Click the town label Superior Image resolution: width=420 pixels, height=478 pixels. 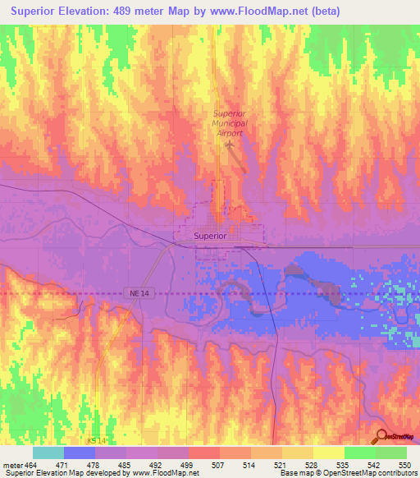point(210,236)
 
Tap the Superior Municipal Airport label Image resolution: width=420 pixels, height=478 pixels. point(229,123)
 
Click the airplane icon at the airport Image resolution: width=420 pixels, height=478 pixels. point(229,145)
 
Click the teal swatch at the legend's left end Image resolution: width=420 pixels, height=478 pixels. point(48,453)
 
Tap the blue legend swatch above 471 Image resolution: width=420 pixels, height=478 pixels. point(80,453)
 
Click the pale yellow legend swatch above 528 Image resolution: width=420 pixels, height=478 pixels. point(297,453)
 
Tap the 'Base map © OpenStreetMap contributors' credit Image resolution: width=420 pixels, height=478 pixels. point(348,473)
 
